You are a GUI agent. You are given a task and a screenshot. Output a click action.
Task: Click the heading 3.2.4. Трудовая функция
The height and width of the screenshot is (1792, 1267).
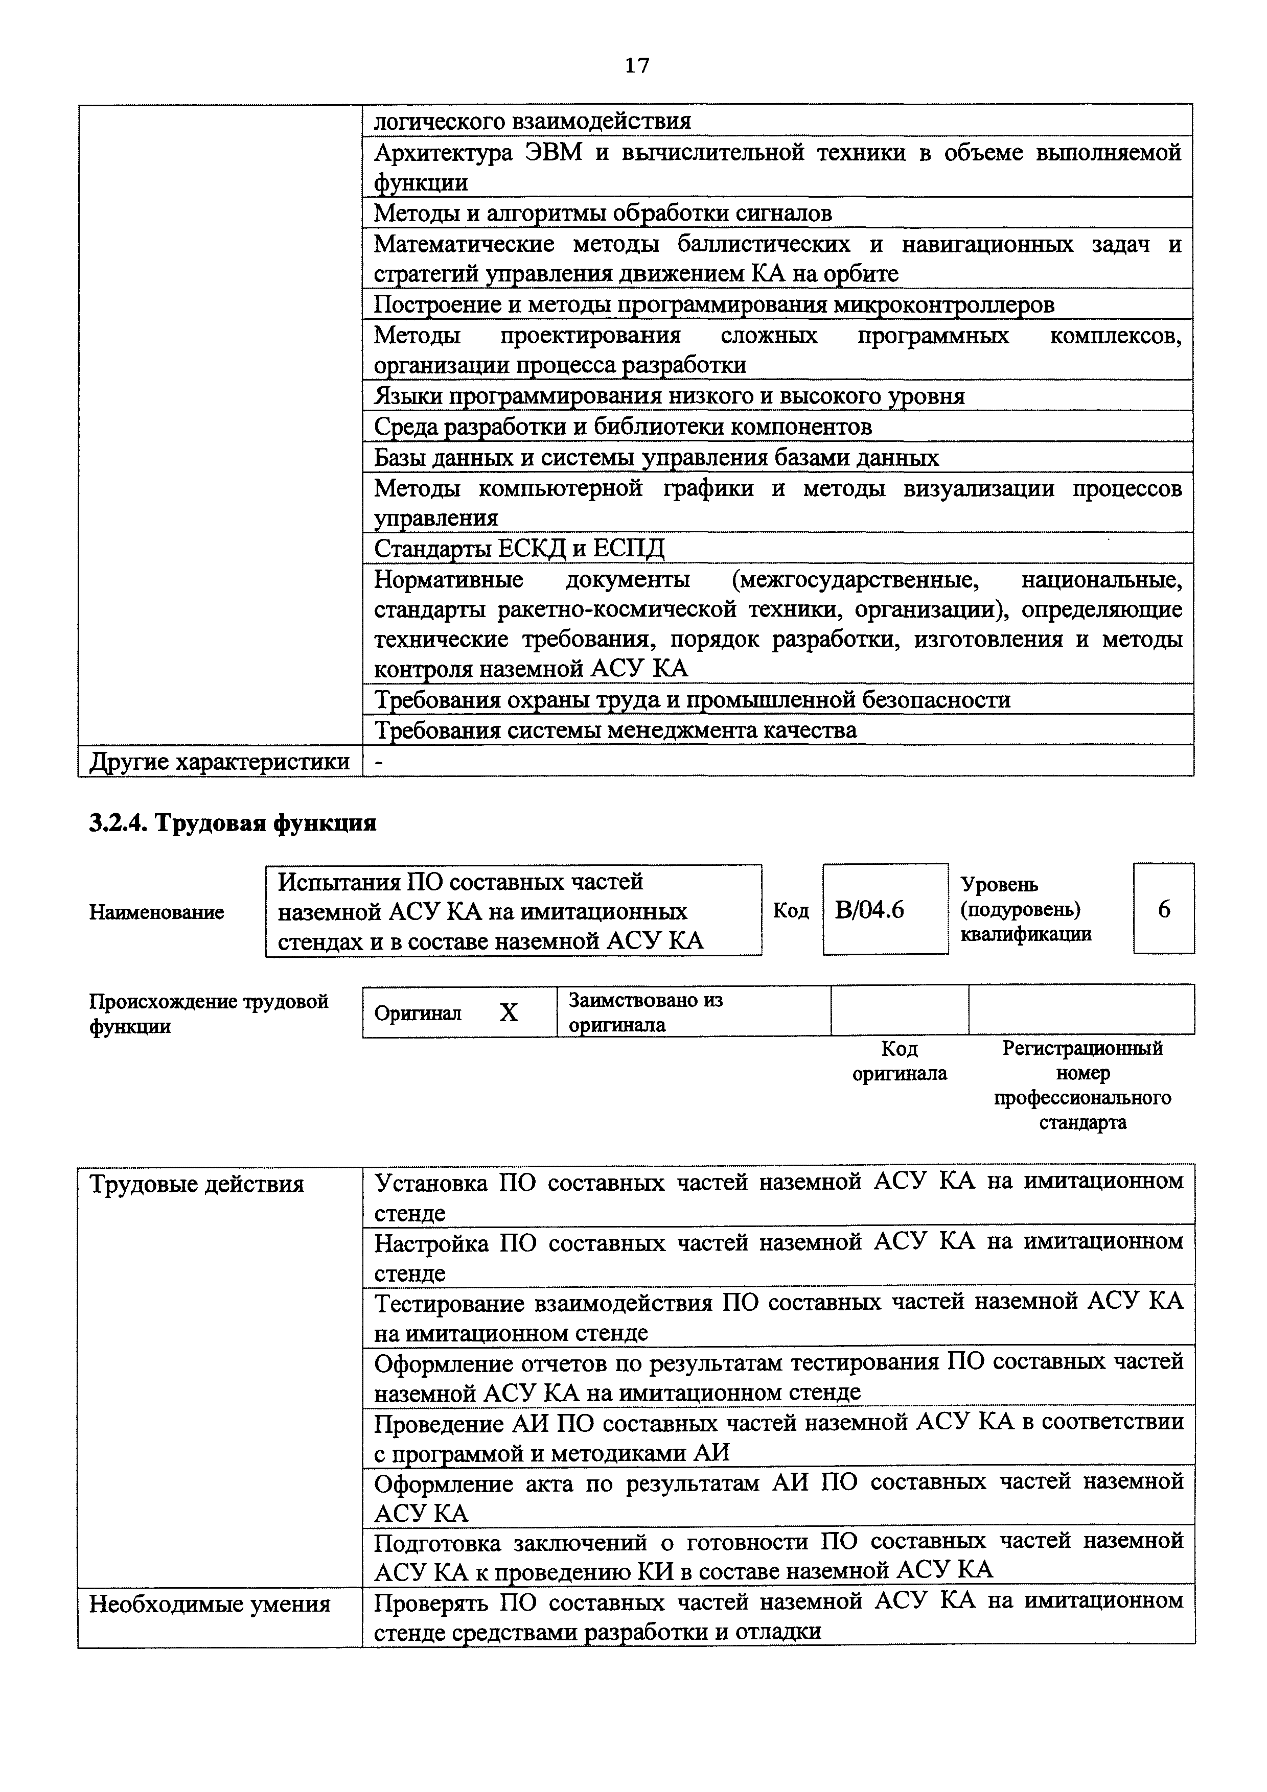click(x=233, y=822)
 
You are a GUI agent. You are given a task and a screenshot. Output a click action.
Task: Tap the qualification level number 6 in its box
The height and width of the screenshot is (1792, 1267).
click(x=1163, y=909)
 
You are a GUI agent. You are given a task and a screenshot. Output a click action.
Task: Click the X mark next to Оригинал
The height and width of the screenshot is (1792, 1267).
click(x=508, y=1013)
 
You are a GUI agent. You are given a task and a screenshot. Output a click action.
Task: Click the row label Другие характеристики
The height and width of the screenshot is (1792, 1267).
click(x=219, y=761)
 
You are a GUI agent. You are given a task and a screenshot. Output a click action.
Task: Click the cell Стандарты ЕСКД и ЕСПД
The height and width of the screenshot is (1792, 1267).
click(x=519, y=549)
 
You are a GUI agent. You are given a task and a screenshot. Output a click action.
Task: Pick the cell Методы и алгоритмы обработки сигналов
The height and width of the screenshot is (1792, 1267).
click(x=603, y=213)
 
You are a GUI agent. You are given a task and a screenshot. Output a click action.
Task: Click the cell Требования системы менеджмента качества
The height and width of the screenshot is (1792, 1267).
click(x=615, y=730)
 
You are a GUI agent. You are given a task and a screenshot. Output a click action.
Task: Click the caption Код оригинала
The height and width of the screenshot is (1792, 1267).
click(x=900, y=1060)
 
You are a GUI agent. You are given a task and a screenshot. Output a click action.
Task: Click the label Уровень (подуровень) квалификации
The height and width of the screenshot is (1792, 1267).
click(x=1025, y=909)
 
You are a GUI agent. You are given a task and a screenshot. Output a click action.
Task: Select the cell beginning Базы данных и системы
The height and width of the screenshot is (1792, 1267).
click(x=656, y=457)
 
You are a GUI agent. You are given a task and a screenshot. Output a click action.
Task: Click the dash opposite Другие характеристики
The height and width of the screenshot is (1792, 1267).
click(x=379, y=762)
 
